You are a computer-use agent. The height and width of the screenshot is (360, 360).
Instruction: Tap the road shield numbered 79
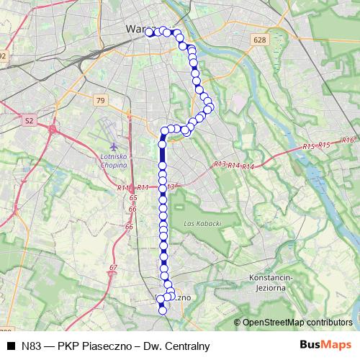click(x=99, y=99)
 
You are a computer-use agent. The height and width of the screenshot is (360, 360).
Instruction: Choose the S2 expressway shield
click(x=29, y=122)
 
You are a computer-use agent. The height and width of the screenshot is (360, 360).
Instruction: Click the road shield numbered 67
click(x=112, y=268)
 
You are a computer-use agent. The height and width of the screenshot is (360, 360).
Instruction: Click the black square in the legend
click(x=12, y=346)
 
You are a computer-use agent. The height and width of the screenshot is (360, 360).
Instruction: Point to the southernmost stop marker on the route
click(x=163, y=310)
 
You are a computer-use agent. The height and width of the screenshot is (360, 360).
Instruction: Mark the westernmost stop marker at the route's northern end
click(x=149, y=32)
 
